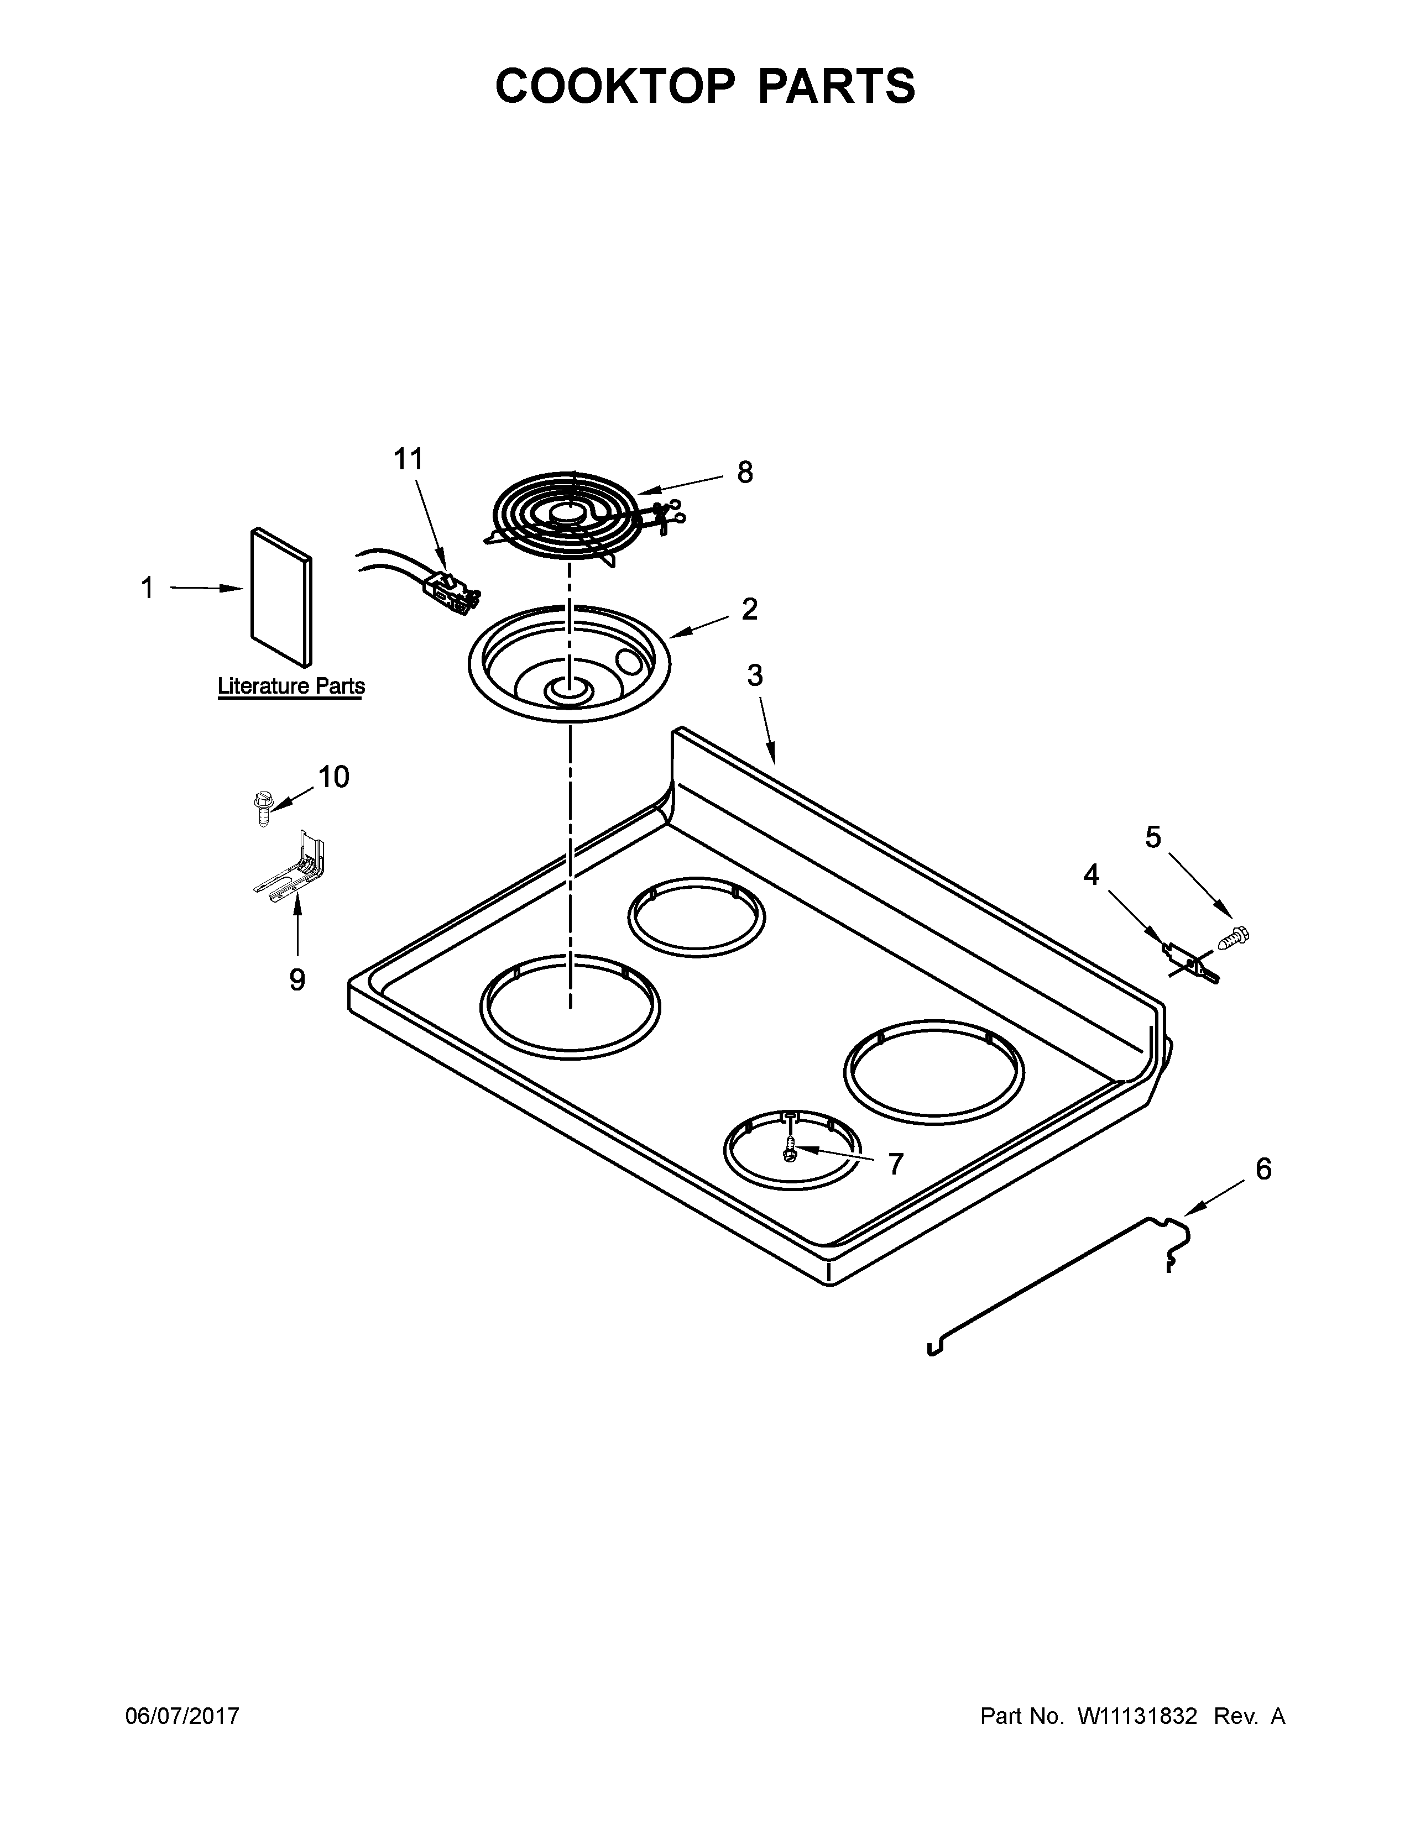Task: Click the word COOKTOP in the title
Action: (615, 86)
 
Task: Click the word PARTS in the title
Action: (836, 86)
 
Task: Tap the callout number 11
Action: (409, 459)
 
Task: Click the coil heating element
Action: (568, 518)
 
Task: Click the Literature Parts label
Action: (291, 686)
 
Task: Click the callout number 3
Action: (754, 675)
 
